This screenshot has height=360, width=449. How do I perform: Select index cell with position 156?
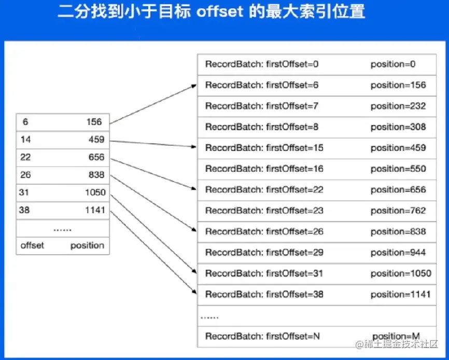tap(94, 122)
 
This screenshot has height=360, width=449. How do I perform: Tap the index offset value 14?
tap(25, 140)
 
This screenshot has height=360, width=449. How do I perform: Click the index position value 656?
tap(96, 157)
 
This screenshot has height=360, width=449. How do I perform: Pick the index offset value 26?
tap(25, 175)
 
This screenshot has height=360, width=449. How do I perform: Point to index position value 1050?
tap(95, 192)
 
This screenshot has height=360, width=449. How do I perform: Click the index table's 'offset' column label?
tap(32, 245)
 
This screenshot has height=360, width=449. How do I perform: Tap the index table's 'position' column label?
tap(87, 245)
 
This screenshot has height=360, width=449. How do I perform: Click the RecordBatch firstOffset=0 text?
tap(262, 64)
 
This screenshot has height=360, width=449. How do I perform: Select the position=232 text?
tap(398, 106)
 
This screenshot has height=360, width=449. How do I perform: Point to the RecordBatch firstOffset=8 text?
tap(262, 127)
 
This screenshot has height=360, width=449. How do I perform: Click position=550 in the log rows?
tap(398, 169)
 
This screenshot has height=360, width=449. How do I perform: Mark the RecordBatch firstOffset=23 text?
tap(264, 211)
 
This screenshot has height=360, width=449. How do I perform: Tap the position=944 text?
tap(398, 253)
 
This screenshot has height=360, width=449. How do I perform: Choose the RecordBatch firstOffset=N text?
tap(262, 336)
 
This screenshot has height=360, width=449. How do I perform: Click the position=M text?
tap(396, 336)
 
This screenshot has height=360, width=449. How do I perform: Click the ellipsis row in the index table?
tap(62, 228)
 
